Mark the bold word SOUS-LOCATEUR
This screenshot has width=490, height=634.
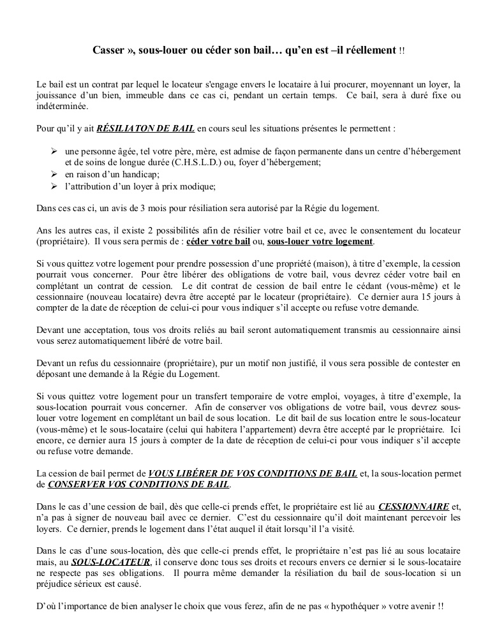[111, 562]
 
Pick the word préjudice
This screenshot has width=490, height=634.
[54, 585]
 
